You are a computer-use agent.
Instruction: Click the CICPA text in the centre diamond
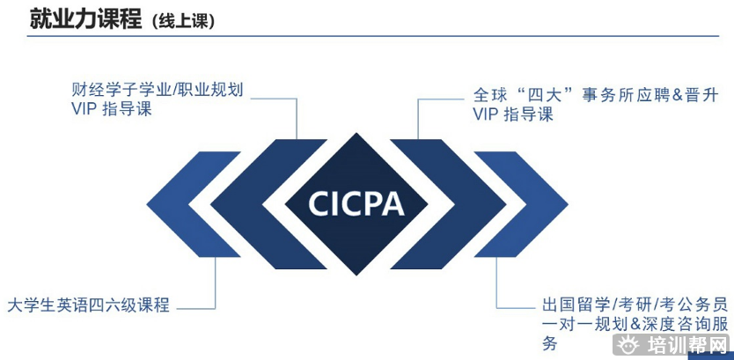pyautogui.click(x=356, y=203)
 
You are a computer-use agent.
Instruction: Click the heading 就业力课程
pyautogui.click(x=85, y=18)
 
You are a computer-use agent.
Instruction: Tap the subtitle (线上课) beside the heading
pyautogui.click(x=183, y=21)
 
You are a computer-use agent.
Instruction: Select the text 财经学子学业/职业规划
pyautogui.click(x=157, y=90)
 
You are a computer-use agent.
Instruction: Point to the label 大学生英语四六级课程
pyautogui.click(x=88, y=305)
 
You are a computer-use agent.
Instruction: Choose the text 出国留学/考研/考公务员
pyautogui.click(x=635, y=305)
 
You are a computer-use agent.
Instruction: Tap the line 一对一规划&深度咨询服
pyautogui.click(x=635, y=324)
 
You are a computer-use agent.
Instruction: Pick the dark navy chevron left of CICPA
pyautogui.click(x=255, y=203)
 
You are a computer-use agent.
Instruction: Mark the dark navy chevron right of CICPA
pyautogui.click(x=458, y=203)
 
